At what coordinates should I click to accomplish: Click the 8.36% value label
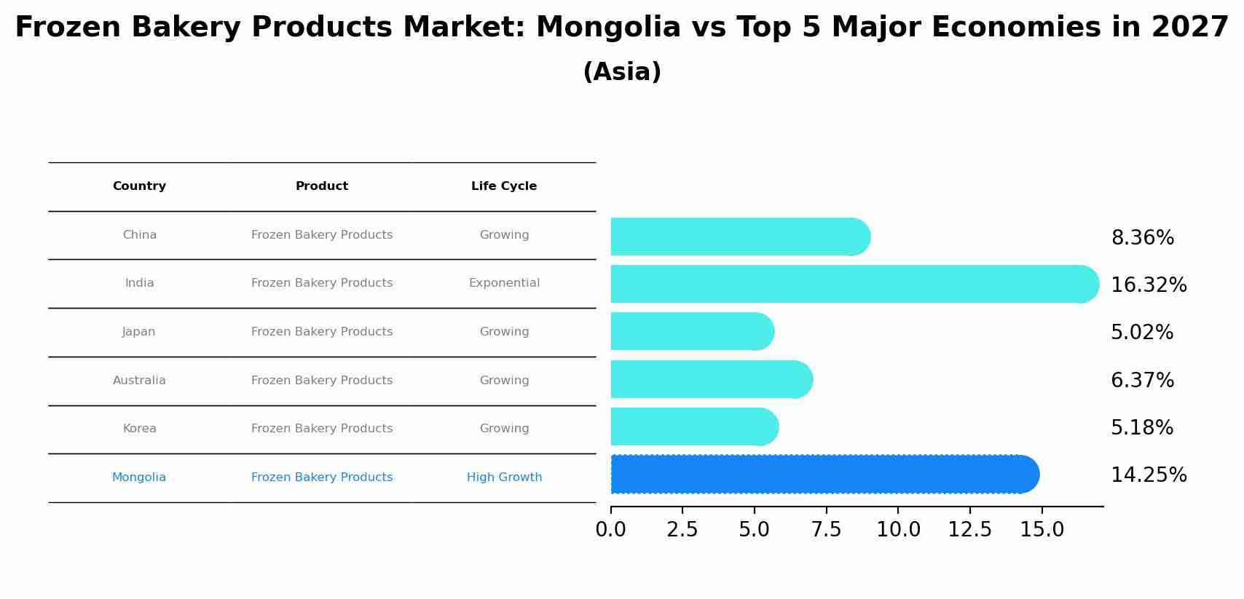tap(1142, 238)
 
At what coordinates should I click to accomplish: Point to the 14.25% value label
tap(1148, 475)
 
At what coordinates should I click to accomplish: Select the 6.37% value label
tap(1142, 380)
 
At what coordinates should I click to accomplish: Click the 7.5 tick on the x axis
tap(826, 529)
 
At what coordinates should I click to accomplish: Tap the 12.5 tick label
tap(969, 529)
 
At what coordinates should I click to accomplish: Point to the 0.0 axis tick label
tap(610, 529)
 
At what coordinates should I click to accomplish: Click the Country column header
tap(139, 186)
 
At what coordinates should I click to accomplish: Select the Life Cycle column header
tap(504, 186)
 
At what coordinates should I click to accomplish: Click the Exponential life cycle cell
tap(504, 283)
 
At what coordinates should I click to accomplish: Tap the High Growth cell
tap(504, 477)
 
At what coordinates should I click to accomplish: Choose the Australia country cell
tap(139, 381)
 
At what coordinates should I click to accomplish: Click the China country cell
tap(139, 235)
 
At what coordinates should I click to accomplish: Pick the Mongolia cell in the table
tap(139, 477)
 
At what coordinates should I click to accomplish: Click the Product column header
tap(322, 186)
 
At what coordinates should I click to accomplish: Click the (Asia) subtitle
tap(622, 72)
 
